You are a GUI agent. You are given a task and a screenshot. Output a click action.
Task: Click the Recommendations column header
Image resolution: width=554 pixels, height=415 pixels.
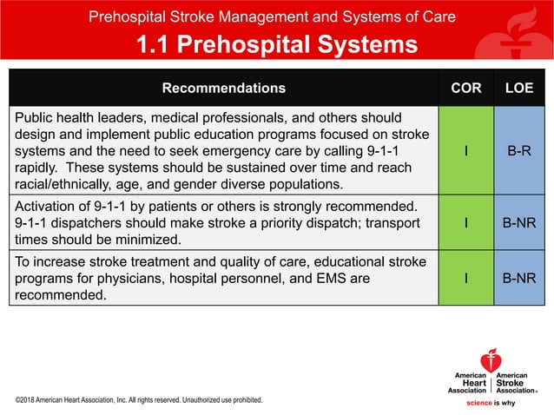click(x=223, y=88)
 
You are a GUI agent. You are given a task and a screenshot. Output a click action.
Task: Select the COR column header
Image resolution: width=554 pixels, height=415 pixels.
click(x=466, y=88)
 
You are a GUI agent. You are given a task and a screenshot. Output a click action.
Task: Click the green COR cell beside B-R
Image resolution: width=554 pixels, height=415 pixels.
click(x=466, y=148)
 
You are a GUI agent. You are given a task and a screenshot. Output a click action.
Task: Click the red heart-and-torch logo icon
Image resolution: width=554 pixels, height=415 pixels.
click(x=491, y=359)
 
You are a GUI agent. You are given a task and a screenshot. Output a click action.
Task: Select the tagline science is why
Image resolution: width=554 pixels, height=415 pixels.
click(x=492, y=403)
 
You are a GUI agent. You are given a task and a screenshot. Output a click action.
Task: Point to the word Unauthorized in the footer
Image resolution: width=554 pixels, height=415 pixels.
click(x=208, y=400)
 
